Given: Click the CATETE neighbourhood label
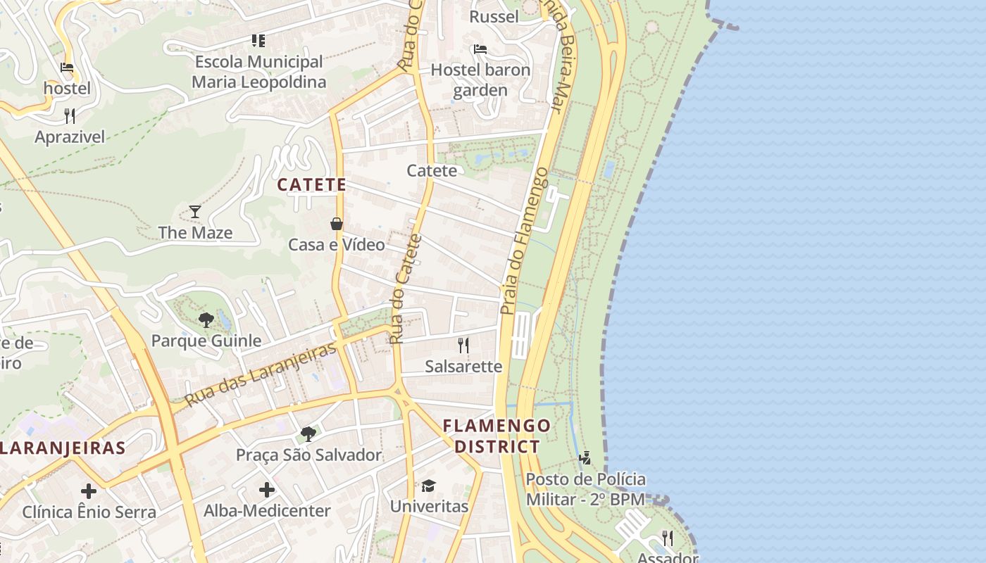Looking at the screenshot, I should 311,185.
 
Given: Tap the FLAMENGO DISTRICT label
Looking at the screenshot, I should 497,436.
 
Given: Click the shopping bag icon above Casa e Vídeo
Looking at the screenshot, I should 337,224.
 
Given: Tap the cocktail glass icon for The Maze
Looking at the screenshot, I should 195,211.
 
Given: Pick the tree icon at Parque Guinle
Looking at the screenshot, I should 206,320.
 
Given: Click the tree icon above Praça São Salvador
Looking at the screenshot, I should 308,434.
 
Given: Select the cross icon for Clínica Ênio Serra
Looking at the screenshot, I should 89,491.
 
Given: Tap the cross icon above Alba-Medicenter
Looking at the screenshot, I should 267,490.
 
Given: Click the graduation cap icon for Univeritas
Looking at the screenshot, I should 428,486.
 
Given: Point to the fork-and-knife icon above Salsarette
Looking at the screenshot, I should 463,345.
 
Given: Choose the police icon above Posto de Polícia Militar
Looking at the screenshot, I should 585,459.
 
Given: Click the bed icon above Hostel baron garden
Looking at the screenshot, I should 480,49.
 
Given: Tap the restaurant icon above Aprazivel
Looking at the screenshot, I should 70,115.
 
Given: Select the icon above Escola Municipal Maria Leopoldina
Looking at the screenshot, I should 258,41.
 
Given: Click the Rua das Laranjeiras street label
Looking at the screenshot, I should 261,374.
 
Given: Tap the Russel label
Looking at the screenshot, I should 494,17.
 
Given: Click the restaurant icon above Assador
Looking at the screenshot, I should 667,538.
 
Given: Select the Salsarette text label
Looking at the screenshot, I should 463,367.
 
